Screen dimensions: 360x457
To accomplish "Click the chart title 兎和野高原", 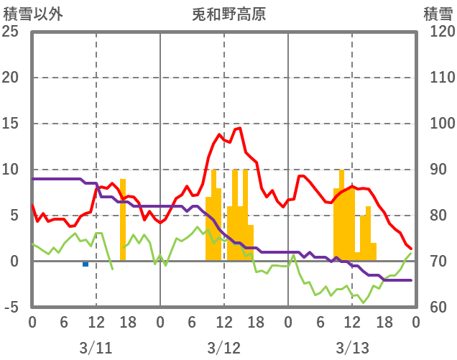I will [228, 14].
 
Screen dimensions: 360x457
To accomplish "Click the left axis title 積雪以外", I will [32, 14].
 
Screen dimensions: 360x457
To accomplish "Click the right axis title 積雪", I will [436, 14].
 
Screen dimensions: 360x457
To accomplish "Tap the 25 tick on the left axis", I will [11, 32].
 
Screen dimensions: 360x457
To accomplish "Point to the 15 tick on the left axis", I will [11, 124].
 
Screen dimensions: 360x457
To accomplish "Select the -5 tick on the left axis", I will [12, 308].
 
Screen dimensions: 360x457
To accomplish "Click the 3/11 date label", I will [96, 349].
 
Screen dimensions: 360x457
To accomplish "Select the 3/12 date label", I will [223, 349].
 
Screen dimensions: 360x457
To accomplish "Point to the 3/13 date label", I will [351, 349].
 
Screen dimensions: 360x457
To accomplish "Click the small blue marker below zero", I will [86, 264].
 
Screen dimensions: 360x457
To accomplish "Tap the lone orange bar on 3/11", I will [123, 219].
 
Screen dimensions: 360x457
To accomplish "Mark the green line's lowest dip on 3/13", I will [363, 302].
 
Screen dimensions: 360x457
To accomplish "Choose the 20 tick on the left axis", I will [11, 78].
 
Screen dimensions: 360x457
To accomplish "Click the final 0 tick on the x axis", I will [415, 323].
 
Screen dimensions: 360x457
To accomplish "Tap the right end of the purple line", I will [411, 280].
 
